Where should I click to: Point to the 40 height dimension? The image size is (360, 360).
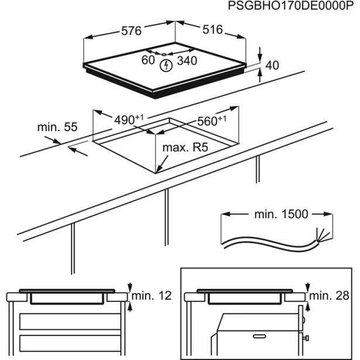pos(272,66)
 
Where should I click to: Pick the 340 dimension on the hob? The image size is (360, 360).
pos(187,60)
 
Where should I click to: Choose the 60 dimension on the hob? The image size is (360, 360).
pos(148,60)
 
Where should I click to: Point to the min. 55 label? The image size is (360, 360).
pos(57,127)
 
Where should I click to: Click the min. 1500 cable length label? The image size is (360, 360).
pos(280,214)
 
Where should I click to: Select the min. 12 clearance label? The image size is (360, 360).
pos(152,296)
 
